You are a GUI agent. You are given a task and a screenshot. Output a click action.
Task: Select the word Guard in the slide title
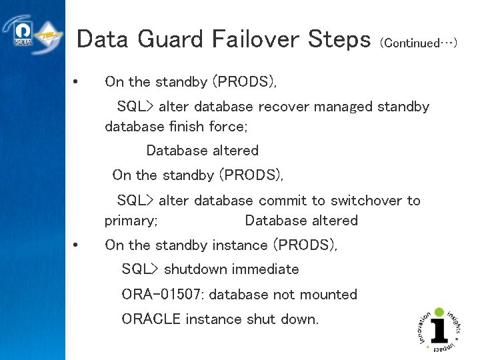tap(169, 40)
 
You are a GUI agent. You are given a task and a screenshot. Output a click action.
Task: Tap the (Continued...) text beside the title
tap(418, 43)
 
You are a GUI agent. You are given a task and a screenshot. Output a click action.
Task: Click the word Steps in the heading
tap(339, 40)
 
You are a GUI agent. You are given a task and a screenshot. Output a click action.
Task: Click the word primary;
tap(131, 221)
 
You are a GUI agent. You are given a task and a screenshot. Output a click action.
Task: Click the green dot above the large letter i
tap(439, 311)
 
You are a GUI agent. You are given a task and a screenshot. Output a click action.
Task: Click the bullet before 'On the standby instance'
tap(77, 245)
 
